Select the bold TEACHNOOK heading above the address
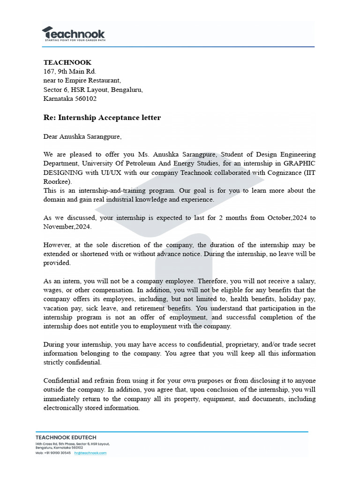(x=67, y=62)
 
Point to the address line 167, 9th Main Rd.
(x=69, y=71)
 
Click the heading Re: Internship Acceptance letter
(x=102, y=118)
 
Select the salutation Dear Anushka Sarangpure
(x=82, y=137)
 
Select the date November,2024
(x=67, y=227)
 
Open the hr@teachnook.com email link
(x=90, y=453)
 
